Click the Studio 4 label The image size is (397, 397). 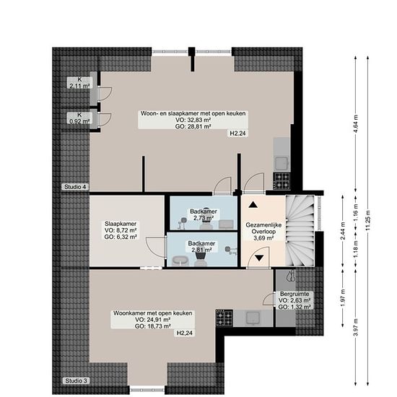[x=76, y=187]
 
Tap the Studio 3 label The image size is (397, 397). [x=76, y=381]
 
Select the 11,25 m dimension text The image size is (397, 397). [x=368, y=220]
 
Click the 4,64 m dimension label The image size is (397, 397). [x=356, y=123]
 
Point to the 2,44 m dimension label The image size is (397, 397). [x=343, y=231]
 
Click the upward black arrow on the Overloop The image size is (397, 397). [x=253, y=204]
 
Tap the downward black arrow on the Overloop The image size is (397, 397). [x=259, y=258]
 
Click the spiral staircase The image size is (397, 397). [x=300, y=230]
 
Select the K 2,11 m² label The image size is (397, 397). [x=79, y=83]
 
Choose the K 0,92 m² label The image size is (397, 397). [x=79, y=118]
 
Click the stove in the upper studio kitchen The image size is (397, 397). [x=282, y=180]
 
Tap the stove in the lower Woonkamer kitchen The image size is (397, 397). [x=224, y=318]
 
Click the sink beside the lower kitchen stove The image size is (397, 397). [x=253, y=318]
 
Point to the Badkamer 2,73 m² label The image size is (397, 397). [x=204, y=214]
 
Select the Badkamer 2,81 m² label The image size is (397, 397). [x=201, y=247]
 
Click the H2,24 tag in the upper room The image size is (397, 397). [x=237, y=134]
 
